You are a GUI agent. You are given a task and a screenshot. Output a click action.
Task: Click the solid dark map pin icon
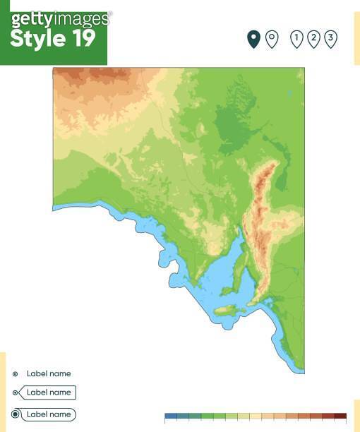tap(253, 39)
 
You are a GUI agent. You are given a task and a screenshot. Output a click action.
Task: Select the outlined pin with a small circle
tap(272, 39)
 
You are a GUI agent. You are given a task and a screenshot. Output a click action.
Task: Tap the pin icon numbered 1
tap(296, 39)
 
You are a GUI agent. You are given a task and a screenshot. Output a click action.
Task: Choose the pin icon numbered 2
tap(313, 39)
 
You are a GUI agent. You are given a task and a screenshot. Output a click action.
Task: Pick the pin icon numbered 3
tap(330, 39)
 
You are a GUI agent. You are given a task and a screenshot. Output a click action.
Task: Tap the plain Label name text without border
tap(49, 373)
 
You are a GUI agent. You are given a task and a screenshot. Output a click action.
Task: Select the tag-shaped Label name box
tap(48, 392)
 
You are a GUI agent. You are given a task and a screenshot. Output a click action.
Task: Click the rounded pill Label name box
tap(48, 414)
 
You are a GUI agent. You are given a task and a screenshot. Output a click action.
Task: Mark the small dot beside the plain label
tap(16, 374)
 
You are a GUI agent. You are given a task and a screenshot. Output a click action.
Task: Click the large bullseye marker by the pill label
tap(16, 414)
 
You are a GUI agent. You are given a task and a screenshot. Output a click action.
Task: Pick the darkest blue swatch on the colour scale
tap(170, 416)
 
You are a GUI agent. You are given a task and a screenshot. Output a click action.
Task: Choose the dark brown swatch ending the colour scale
tap(340, 416)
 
